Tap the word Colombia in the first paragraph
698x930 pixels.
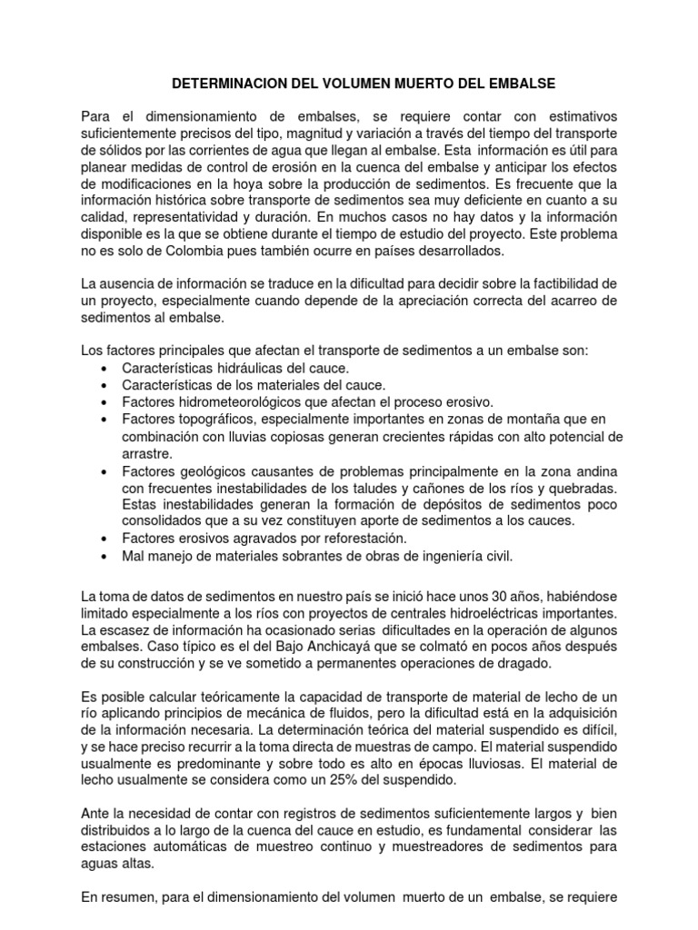point(178,251)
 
